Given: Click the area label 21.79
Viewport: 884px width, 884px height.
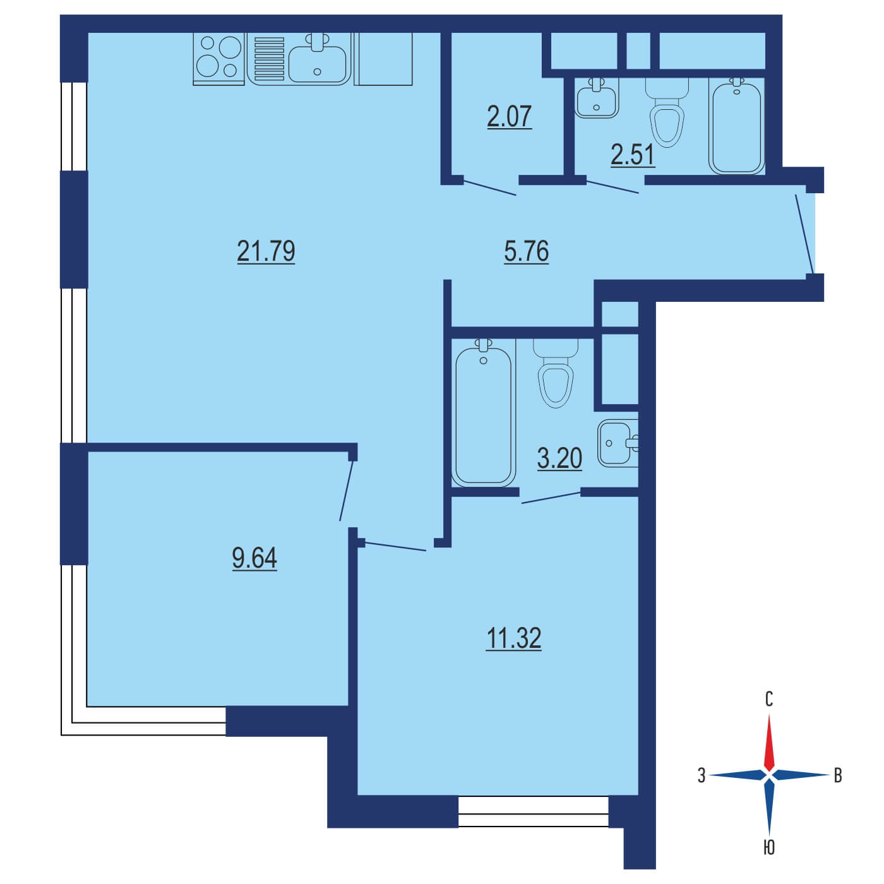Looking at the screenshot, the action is point(266,251).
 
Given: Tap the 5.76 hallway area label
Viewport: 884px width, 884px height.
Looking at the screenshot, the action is point(526,252).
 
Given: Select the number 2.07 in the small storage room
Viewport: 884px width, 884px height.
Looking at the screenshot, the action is point(509,116).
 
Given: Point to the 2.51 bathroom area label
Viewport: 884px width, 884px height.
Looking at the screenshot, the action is point(632,155).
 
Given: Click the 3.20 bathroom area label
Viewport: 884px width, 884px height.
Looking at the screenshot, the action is point(559,458).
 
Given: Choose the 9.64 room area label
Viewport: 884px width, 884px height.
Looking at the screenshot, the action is point(254,558).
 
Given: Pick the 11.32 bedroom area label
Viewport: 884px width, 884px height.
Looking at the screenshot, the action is point(514,638).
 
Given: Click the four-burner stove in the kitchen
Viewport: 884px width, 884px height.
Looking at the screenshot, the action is point(218,59).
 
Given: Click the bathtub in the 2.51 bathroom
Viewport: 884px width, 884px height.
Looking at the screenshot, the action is point(736,126).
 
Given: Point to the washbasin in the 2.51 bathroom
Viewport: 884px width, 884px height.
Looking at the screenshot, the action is point(596,98).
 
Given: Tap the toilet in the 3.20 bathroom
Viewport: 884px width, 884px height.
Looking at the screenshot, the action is point(556,374).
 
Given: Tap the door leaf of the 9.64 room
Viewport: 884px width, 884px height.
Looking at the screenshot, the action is point(347,491).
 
